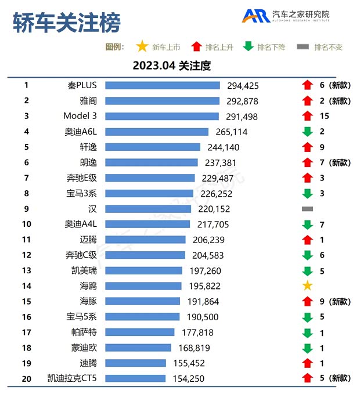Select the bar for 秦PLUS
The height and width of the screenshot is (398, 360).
click(x=162, y=86)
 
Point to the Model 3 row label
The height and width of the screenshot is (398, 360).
click(x=80, y=116)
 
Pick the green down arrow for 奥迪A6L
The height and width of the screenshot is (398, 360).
click(x=307, y=132)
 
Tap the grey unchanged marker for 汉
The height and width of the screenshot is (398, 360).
click(x=307, y=209)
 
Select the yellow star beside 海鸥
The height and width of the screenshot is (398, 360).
click(x=307, y=285)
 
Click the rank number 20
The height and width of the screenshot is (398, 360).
click(x=26, y=378)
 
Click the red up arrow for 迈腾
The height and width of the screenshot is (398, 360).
click(x=307, y=240)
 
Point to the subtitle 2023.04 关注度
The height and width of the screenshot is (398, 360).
click(x=171, y=66)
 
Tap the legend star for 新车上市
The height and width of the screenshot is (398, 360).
click(x=141, y=47)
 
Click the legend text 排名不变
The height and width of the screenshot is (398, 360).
click(x=328, y=48)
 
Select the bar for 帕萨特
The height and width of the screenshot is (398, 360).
click(x=139, y=332)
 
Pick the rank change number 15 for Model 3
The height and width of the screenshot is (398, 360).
click(x=324, y=116)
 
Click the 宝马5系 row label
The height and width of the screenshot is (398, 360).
click(x=80, y=317)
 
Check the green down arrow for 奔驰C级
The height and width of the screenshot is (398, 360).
click(x=307, y=255)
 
